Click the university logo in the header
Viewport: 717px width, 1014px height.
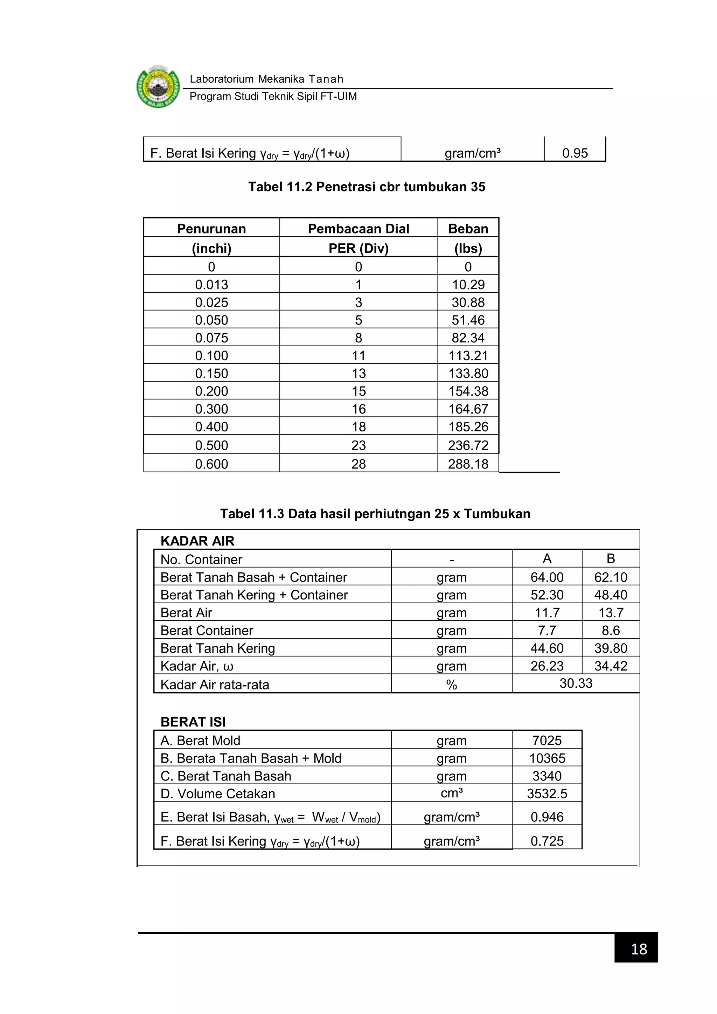click(158, 87)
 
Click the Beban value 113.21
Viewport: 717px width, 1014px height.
click(468, 355)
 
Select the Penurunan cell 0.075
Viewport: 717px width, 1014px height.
click(211, 338)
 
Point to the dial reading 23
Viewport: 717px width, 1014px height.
click(358, 445)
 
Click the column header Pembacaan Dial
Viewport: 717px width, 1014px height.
click(358, 229)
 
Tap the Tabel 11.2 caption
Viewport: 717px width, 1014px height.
click(367, 187)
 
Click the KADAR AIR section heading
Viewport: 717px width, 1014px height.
click(197, 541)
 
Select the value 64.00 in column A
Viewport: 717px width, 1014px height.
click(547, 577)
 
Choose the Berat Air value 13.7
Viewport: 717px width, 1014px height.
click(610, 612)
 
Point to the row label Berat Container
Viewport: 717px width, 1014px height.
click(207, 630)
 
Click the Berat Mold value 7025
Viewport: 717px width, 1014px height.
click(547, 740)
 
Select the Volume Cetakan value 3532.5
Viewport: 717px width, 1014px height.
click(547, 794)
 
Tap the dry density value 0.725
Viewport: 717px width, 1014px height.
click(547, 841)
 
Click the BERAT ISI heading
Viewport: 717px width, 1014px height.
click(193, 722)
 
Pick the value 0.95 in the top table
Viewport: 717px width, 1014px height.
click(575, 153)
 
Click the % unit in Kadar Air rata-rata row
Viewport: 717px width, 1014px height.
click(451, 685)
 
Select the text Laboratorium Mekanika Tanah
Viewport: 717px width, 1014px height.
click(266, 79)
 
